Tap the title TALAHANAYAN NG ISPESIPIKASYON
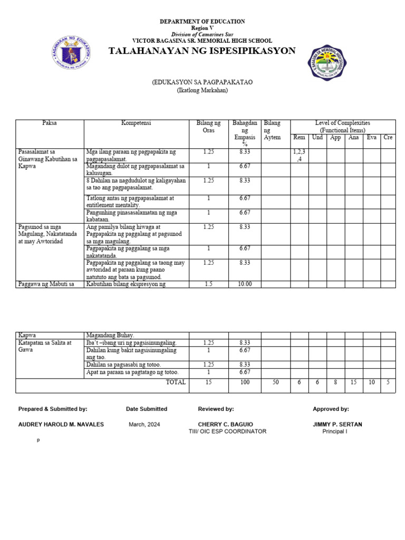pyautogui.click(x=202, y=51)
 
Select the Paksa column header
pyautogui.click(x=50, y=123)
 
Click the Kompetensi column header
pyautogui.click(x=136, y=123)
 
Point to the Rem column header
pyautogui.click(x=299, y=138)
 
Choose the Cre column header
pyautogui.click(x=388, y=138)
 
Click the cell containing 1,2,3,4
pyautogui.click(x=299, y=155)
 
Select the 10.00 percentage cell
pyautogui.click(x=245, y=284)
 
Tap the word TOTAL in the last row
pyautogui.click(x=176, y=382)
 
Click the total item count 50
pyautogui.click(x=275, y=382)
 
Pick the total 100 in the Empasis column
pyautogui.click(x=245, y=382)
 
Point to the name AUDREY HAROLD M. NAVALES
pyautogui.click(x=61, y=425)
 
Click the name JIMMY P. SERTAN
pyautogui.click(x=337, y=425)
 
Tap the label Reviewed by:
pyautogui.click(x=216, y=409)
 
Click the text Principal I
pyautogui.click(x=334, y=431)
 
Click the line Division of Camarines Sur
pyautogui.click(x=202, y=34)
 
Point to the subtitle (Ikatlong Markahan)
pyautogui.click(x=202, y=91)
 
